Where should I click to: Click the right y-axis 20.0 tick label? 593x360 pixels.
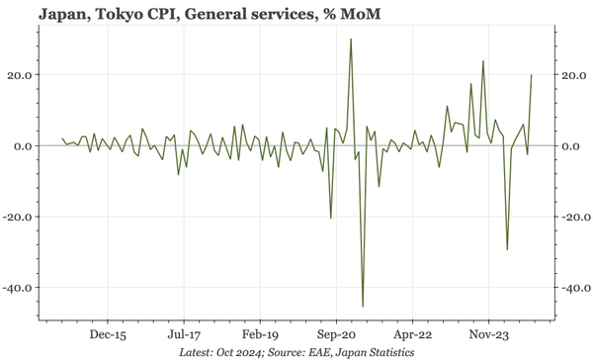tap(573, 75)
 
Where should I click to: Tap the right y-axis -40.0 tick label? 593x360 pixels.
tap(575, 288)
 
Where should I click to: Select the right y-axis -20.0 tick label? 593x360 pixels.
tap(575, 218)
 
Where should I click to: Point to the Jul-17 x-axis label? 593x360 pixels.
tap(184, 334)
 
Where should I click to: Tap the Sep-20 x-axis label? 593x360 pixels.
tap(336, 334)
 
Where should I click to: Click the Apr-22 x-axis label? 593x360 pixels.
tap(412, 334)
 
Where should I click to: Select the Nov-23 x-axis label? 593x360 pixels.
tap(488, 334)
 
